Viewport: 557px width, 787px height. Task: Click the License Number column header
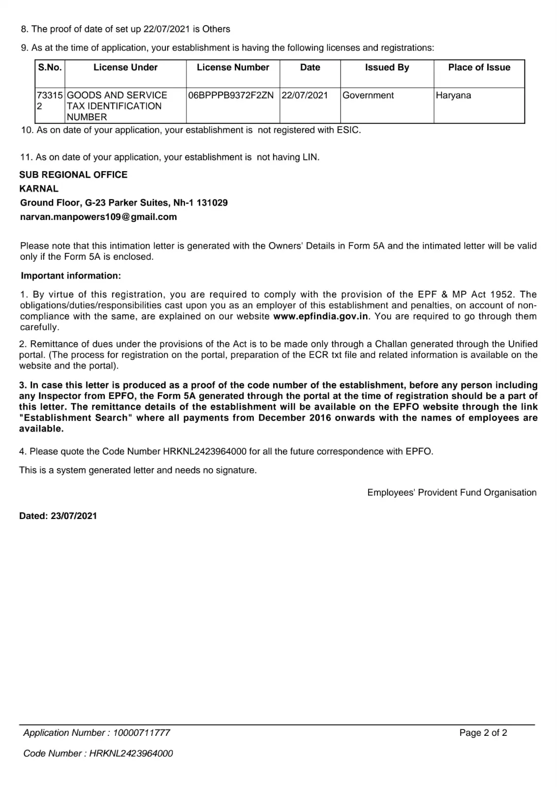point(233,67)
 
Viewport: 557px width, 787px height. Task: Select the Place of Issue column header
point(479,67)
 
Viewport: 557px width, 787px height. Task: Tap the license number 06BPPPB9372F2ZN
point(230,95)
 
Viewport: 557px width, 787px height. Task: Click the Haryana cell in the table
point(453,95)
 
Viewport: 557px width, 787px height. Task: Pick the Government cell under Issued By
point(368,95)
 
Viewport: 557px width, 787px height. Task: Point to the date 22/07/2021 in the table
point(305,95)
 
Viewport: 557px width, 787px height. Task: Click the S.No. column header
point(50,67)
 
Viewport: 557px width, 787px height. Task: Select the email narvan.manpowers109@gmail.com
point(98,217)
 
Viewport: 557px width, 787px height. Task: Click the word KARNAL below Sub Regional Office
point(39,189)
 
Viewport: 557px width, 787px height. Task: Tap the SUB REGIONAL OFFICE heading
point(73,175)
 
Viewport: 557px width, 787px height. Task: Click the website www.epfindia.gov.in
point(320,316)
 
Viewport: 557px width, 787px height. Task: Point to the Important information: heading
point(70,276)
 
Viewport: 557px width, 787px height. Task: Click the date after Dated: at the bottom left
point(74,516)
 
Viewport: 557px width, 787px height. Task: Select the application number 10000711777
point(142,733)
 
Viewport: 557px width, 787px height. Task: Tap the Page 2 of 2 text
point(483,733)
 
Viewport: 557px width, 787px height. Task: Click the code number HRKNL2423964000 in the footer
point(131,754)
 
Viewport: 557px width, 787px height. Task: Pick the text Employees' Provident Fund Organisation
point(452,493)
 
